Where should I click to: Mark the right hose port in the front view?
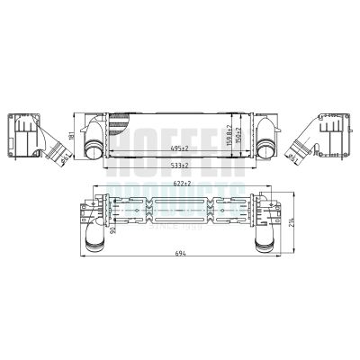pos(267,148)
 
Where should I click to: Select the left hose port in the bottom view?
pos(93,239)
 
